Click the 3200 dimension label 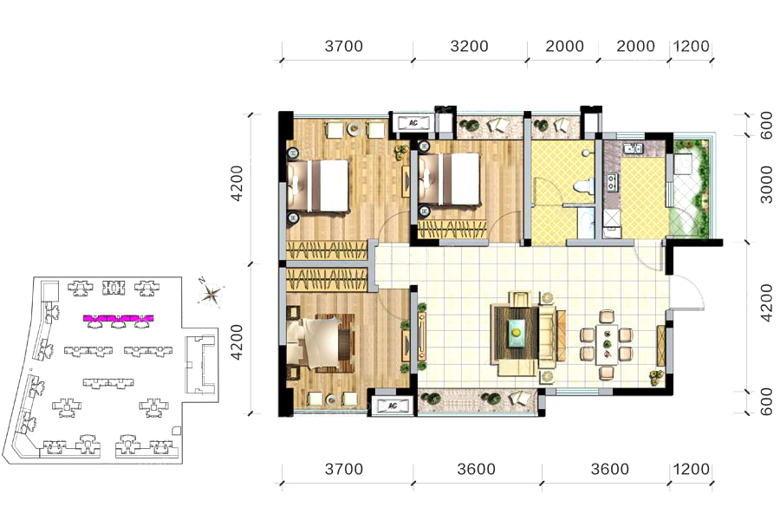click(x=469, y=46)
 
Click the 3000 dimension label click(x=767, y=185)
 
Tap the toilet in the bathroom click(x=583, y=186)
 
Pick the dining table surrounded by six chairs click(x=607, y=344)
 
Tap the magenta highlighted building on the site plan click(x=118, y=318)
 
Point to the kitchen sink click(x=634, y=148)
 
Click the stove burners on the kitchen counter click(x=610, y=182)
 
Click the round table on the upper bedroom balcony click(x=354, y=130)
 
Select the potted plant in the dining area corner click(x=658, y=376)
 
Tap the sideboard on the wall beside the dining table click(x=661, y=344)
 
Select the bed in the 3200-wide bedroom click(x=449, y=179)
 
